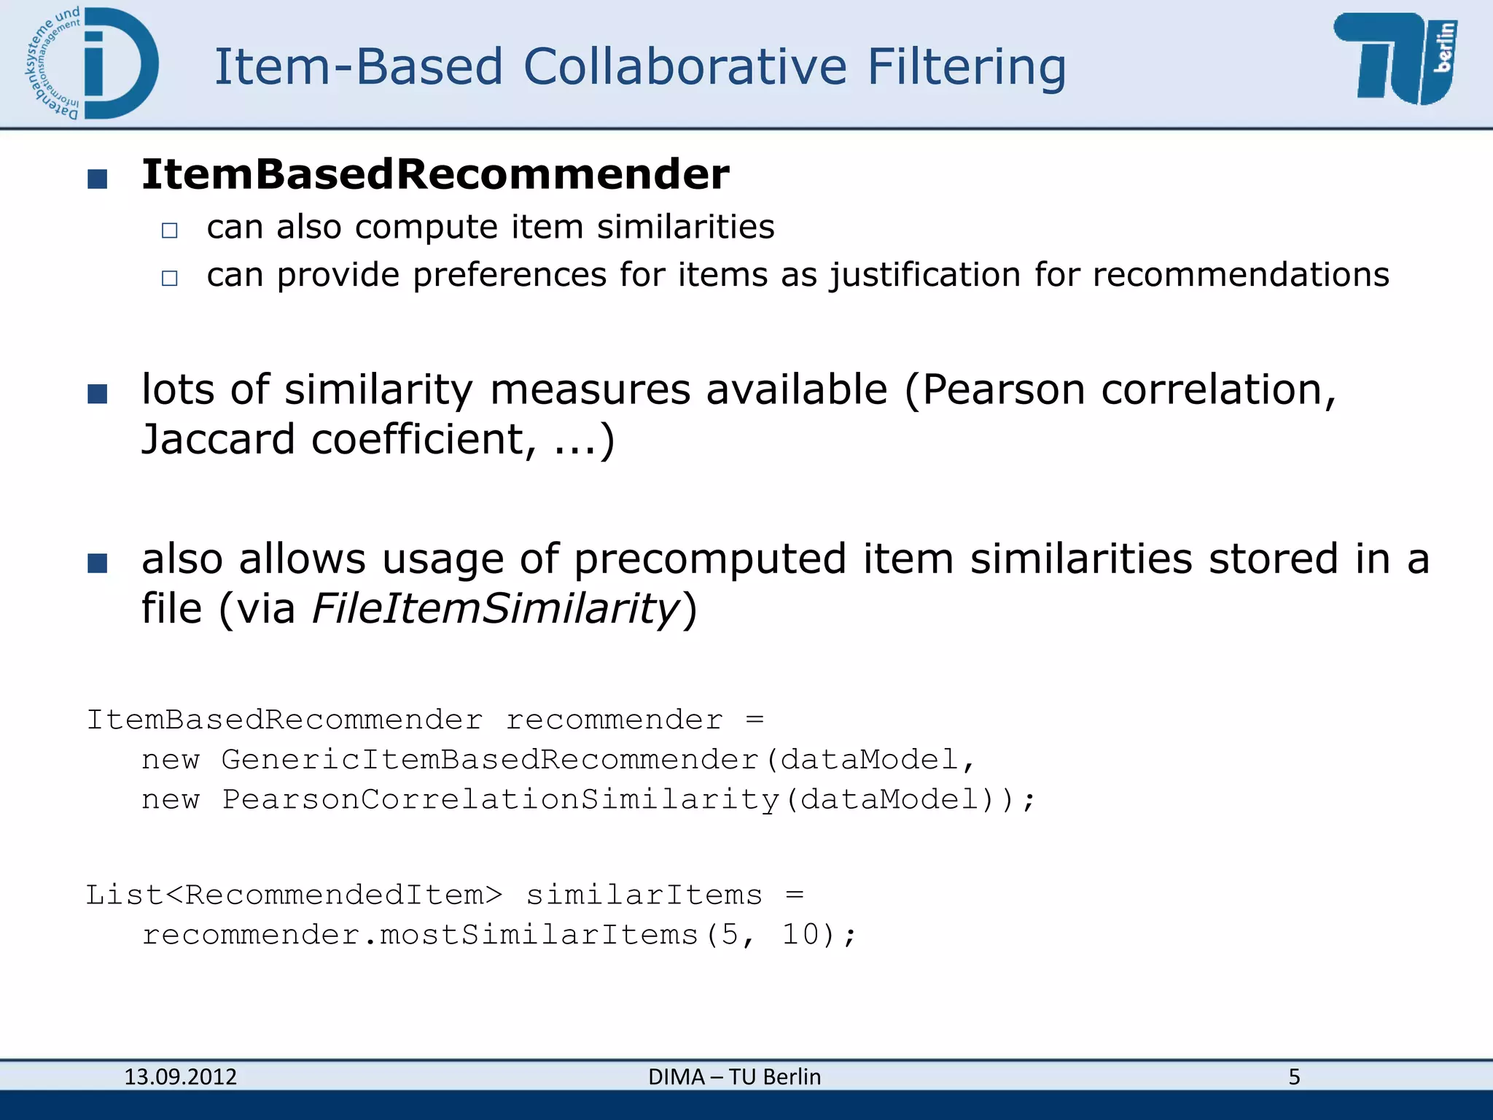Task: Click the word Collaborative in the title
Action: pos(685,67)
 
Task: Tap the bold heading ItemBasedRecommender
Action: pos(435,175)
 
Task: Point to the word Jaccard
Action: pos(218,440)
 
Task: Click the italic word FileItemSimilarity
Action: pos(495,609)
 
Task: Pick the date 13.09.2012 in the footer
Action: pos(180,1077)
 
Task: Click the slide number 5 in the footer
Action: pos(1294,1077)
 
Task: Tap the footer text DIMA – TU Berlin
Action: pos(734,1077)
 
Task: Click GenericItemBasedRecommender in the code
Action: pos(490,761)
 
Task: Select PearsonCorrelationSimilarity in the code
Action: pos(500,800)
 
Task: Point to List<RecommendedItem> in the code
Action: pos(294,895)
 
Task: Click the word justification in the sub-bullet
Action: pos(924,276)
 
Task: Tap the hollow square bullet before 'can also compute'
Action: pos(170,231)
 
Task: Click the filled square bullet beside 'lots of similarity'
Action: pos(97,394)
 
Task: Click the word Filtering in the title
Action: pos(966,67)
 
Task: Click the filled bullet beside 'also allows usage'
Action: pos(97,564)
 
